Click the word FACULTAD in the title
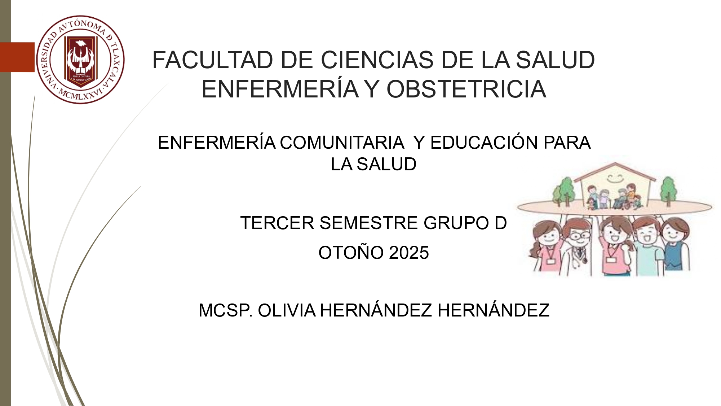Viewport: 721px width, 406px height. pos(213,60)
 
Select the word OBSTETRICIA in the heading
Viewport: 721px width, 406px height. pos(466,89)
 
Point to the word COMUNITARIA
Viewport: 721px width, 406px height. pos(342,143)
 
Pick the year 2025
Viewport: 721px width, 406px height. pos(409,253)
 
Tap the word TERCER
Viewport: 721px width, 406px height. pos(277,223)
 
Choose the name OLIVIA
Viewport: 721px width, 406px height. pos(287,310)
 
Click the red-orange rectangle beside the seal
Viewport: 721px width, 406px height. pos(17,57)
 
